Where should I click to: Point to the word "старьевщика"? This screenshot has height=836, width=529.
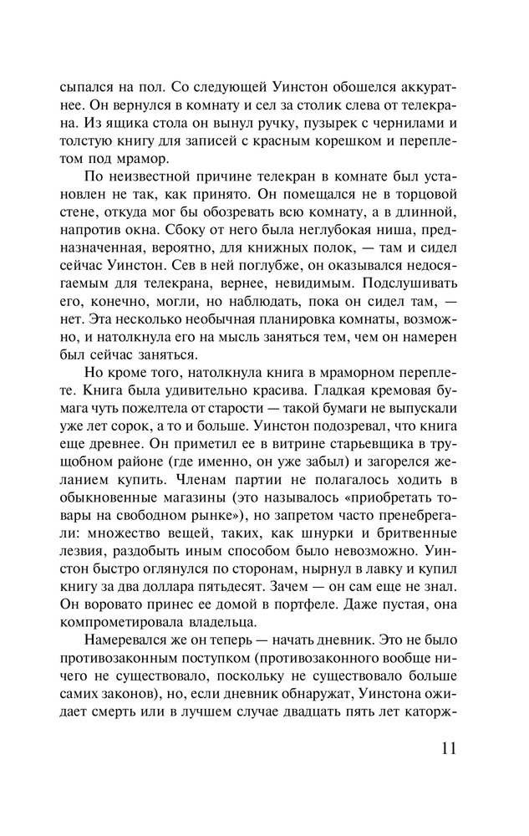364,455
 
